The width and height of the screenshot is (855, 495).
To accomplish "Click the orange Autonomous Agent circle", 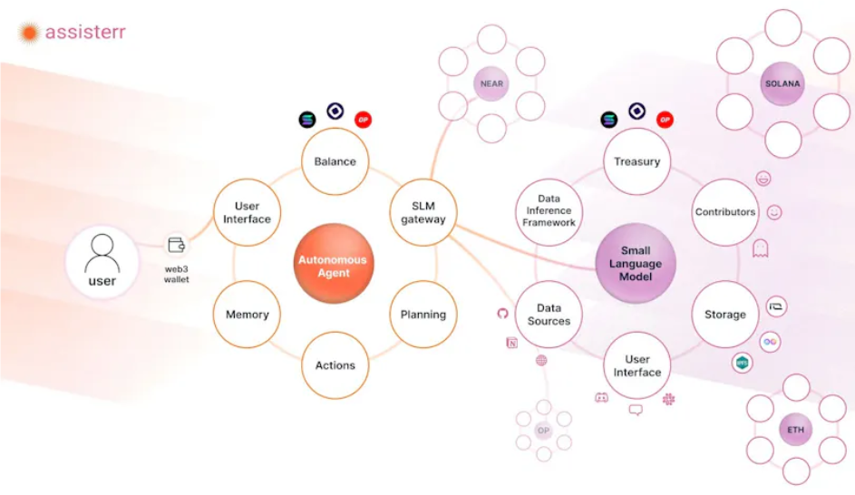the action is point(334,264).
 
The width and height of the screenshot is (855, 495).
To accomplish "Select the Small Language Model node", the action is point(636,263).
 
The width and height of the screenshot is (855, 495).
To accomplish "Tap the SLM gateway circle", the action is point(423,213).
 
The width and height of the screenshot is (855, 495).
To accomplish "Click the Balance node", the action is point(335,161).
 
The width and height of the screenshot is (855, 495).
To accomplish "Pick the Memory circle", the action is point(247,315).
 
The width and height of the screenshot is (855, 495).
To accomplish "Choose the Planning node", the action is point(423,315).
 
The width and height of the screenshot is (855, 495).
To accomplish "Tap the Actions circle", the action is point(335,365).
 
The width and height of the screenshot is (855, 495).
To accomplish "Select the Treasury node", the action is point(636,161).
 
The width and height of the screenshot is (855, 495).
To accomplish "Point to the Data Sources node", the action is point(549,315).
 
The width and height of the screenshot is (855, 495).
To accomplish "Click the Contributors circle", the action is point(725,213).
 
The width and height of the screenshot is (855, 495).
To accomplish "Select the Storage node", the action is point(725,315).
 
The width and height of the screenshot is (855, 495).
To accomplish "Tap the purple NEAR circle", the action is point(491,84).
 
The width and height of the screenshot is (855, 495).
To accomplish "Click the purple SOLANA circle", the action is point(782,84).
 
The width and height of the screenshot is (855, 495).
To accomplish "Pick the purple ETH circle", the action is point(795,430).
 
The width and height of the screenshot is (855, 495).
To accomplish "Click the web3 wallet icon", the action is point(176,245).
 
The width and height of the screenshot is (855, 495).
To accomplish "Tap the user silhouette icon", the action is point(102,254).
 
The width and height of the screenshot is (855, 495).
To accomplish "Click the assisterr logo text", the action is point(85,32).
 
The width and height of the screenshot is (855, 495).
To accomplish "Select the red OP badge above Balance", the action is point(364,120).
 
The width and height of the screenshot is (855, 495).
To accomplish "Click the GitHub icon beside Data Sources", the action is point(502,313).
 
